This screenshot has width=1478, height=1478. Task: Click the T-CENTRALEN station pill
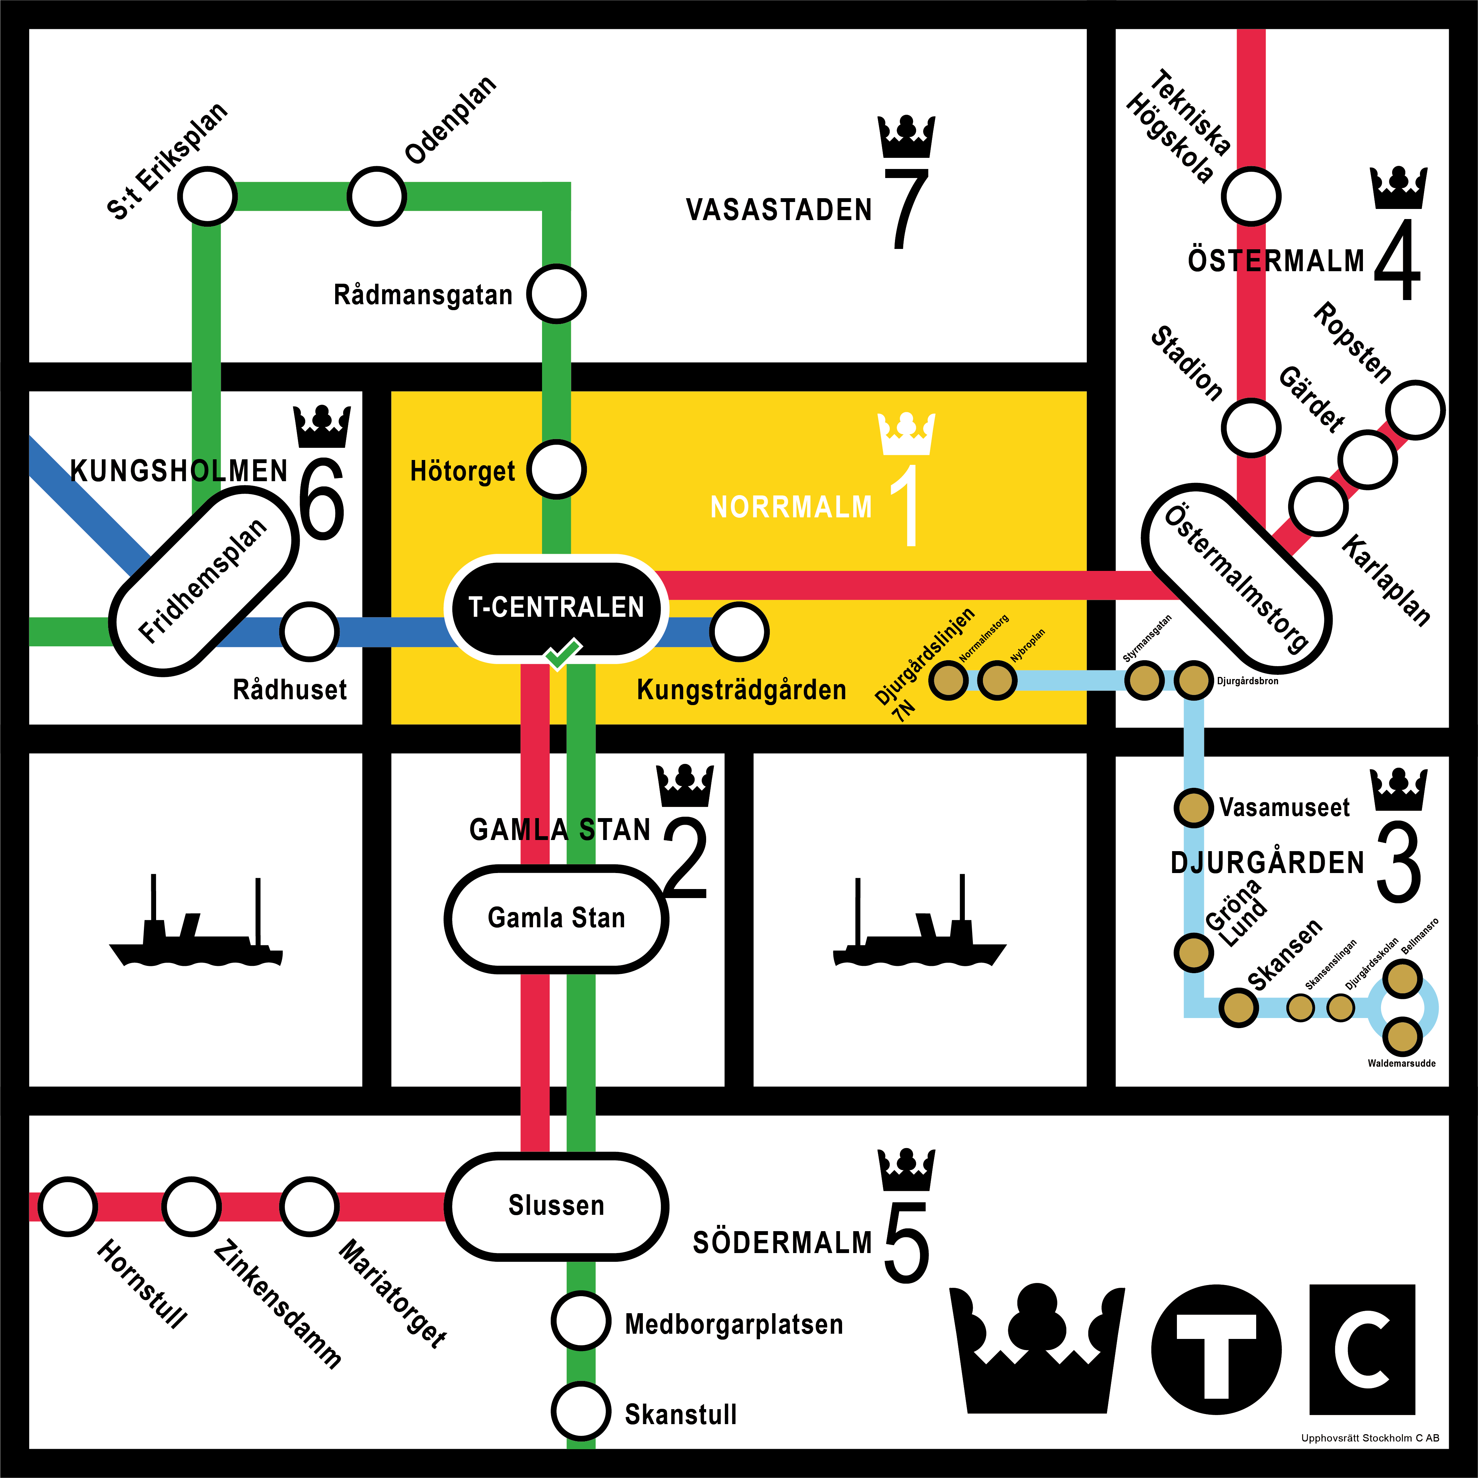[x=556, y=607]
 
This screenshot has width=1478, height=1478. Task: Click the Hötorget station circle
[x=556, y=470]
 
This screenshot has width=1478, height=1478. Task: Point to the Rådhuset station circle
[x=309, y=632]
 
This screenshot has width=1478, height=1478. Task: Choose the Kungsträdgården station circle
[x=739, y=632]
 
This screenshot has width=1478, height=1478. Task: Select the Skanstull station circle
[x=581, y=1412]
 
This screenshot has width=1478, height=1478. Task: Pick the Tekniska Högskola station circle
[x=1251, y=196]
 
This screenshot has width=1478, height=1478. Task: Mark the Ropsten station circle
[x=1415, y=410]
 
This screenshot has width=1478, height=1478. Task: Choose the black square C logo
[x=1362, y=1350]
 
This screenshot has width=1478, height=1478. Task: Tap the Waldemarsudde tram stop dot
[x=1402, y=1036]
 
